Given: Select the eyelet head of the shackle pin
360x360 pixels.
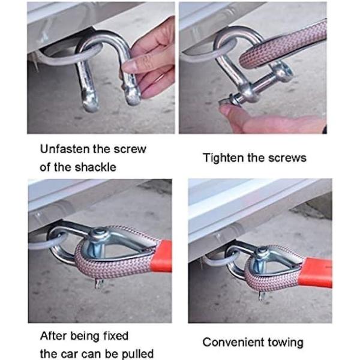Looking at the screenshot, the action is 284,71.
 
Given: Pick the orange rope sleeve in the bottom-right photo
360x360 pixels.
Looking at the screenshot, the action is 316,272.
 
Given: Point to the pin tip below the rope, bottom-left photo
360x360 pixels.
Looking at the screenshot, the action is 99,284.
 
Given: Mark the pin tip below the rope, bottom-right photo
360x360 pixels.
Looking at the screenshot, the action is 262,296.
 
